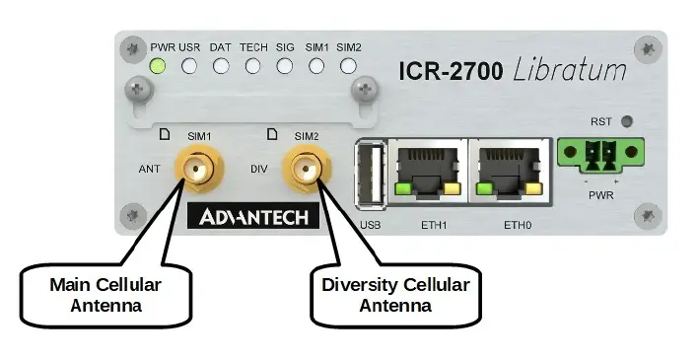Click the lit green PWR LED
(x=158, y=67)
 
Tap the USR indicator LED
(x=189, y=67)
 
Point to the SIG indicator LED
(x=285, y=67)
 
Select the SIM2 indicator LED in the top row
(x=348, y=67)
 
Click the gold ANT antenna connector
(x=195, y=170)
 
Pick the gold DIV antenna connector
(x=304, y=170)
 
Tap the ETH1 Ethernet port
(x=427, y=171)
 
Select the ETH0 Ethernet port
(x=509, y=171)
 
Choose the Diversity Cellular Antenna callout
(x=395, y=295)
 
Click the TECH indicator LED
(x=253, y=67)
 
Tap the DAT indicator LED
(x=221, y=67)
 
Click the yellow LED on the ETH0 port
(x=535, y=188)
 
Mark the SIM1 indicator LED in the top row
(x=316, y=67)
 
